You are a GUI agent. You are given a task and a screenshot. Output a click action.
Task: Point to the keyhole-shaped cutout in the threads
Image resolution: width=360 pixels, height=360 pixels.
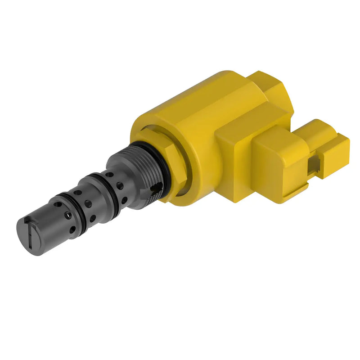[x=155, y=189]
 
